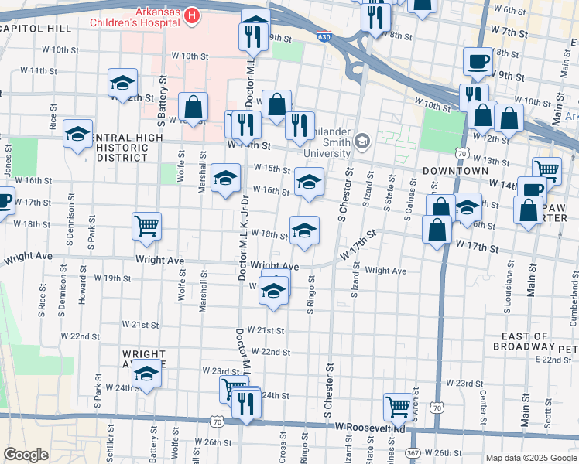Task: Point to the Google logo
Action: tap(26, 455)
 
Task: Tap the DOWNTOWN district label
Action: tap(455, 170)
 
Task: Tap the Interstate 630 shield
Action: tap(323, 36)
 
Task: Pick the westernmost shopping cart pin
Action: tap(146, 226)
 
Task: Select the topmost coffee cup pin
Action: tap(477, 61)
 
